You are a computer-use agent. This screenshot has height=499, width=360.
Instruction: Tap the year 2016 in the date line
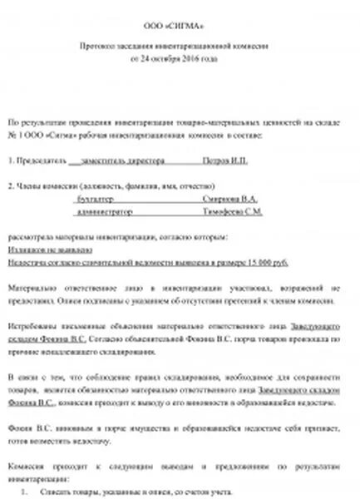[x=202, y=61]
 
